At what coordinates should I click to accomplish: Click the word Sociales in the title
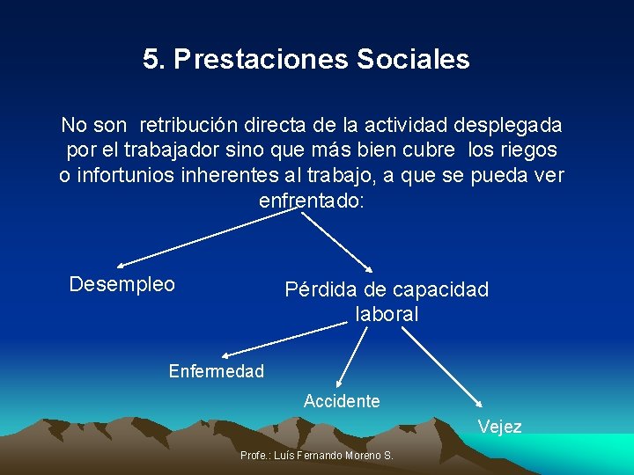(413, 60)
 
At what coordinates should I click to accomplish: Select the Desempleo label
(122, 285)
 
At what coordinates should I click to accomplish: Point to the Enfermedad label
(217, 371)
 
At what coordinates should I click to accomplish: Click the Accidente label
(342, 401)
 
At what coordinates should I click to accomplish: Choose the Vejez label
(500, 427)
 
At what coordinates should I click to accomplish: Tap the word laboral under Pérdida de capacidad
(387, 314)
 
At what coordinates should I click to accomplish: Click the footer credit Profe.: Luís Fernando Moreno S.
(317, 456)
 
